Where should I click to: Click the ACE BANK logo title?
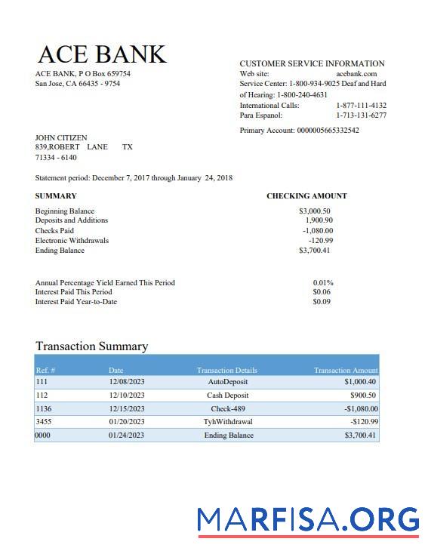tap(101, 54)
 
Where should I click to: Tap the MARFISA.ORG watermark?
tap(308, 521)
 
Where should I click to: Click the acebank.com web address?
tap(356, 74)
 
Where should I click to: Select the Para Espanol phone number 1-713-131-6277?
tap(361, 115)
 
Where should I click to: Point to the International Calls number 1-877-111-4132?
tap(361, 106)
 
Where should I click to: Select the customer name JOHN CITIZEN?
tap(61, 138)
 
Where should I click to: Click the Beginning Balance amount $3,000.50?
tap(315, 211)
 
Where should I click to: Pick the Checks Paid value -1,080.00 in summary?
tap(318, 231)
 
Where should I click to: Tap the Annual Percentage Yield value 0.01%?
tap(323, 283)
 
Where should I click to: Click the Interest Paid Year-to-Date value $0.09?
tap(322, 302)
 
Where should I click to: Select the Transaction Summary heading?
tap(91, 346)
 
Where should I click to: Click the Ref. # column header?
tap(45, 370)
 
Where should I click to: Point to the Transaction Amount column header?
tap(346, 370)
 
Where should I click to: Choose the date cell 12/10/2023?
tap(126, 395)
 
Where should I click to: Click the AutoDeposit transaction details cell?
tap(227, 382)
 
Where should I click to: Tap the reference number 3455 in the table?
tap(44, 422)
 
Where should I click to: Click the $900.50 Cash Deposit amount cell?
tap(363, 395)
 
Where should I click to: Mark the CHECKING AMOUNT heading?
tap(306, 196)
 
